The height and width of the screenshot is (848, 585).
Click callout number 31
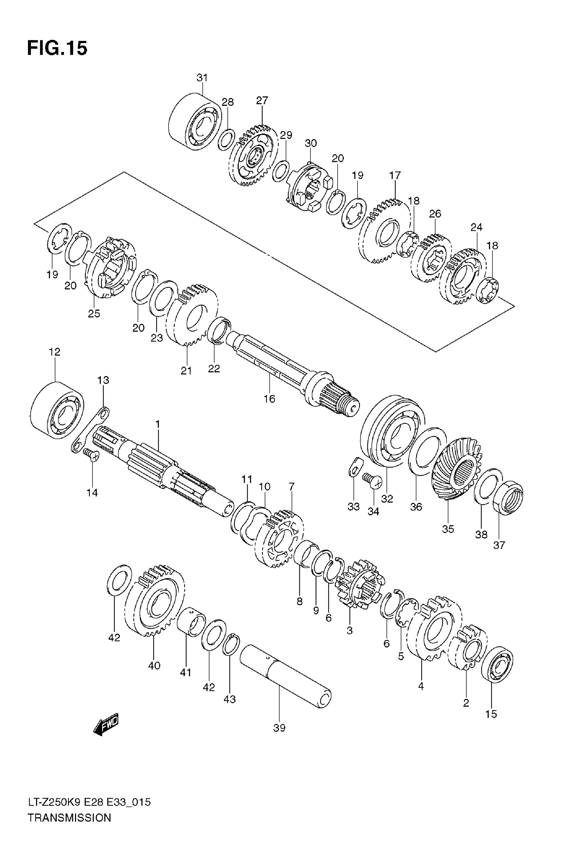[202, 78]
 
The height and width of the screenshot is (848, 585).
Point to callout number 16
[269, 399]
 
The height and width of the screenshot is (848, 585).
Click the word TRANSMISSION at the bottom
[69, 828]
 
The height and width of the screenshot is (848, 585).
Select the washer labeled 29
[281, 171]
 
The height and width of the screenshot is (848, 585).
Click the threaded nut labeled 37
[508, 498]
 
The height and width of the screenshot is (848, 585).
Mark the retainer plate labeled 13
[90, 430]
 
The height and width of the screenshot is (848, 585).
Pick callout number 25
[94, 313]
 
